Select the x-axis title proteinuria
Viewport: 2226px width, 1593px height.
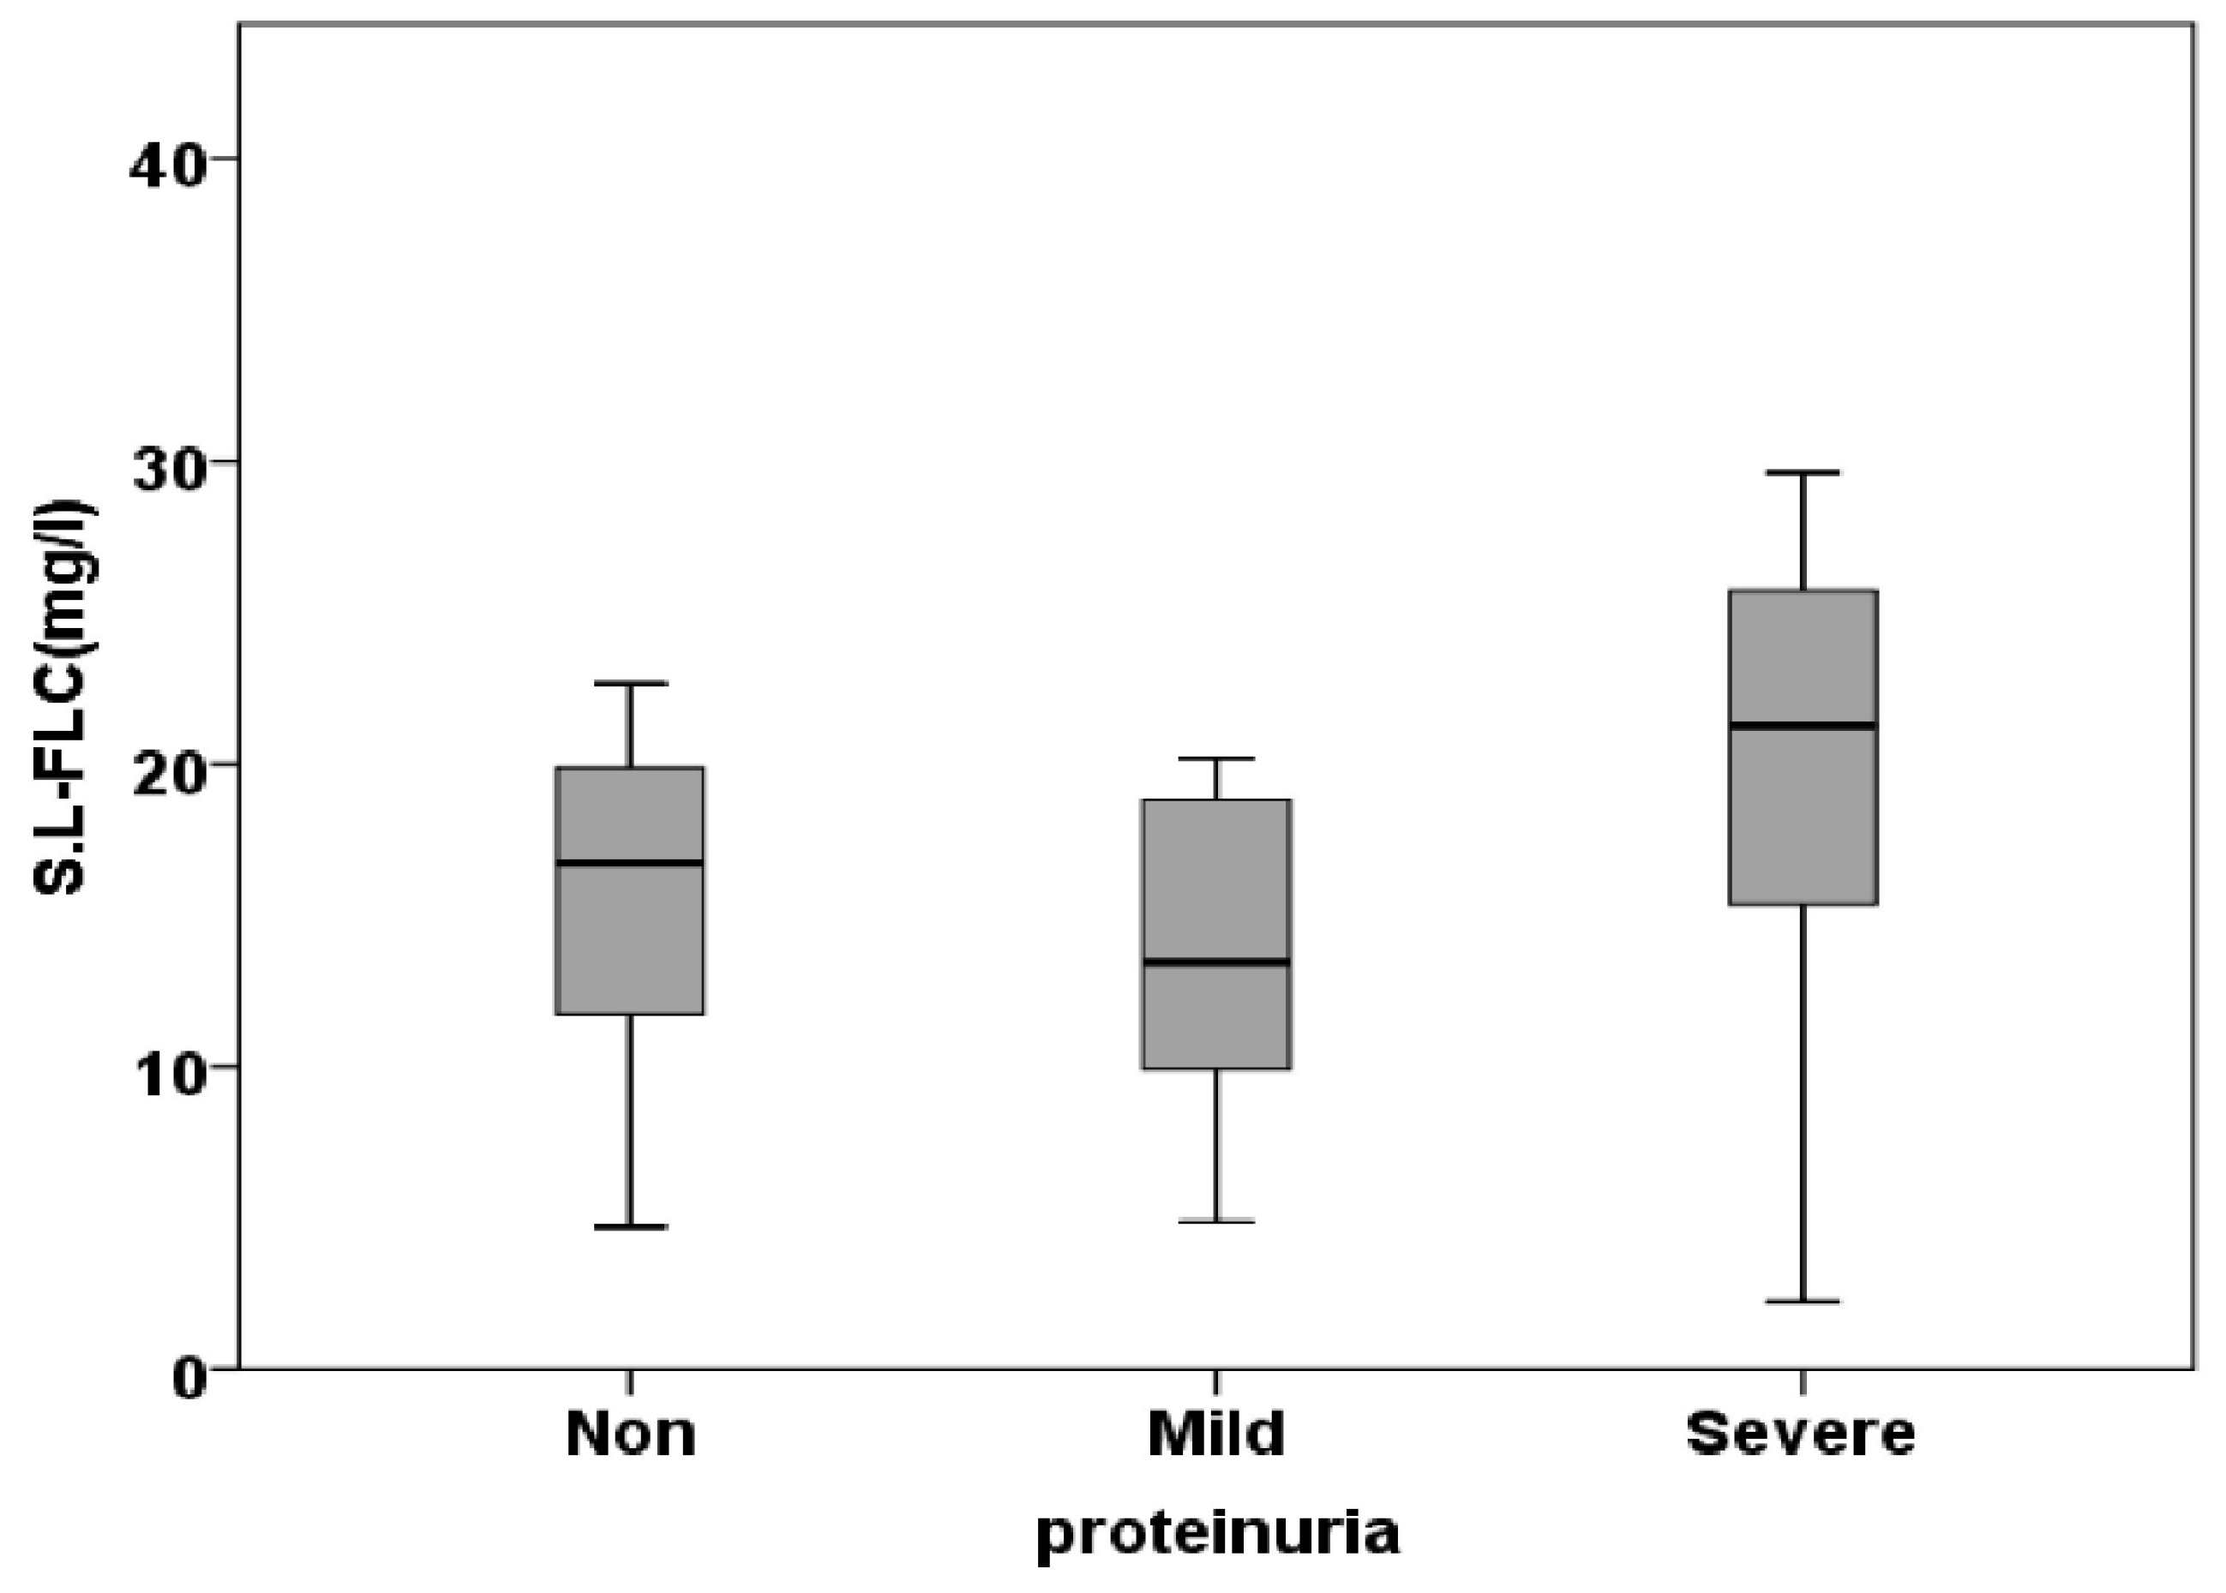coord(1216,1532)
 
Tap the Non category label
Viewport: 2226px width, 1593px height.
coord(631,1434)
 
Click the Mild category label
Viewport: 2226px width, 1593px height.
coord(1216,1434)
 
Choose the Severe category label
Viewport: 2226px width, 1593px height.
coord(1800,1434)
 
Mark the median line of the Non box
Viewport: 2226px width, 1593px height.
coord(630,863)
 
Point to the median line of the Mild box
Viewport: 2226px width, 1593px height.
coord(1216,961)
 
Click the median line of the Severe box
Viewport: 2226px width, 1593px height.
coord(1803,726)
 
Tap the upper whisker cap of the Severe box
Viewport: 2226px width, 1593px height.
coord(1803,473)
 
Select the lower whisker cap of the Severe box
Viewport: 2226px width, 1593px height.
coord(1803,1302)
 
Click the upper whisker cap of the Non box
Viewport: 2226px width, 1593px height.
coord(630,683)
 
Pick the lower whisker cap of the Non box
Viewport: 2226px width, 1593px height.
coord(630,1227)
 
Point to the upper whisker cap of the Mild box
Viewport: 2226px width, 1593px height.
coord(1216,759)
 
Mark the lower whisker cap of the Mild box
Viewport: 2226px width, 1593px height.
coord(1216,1221)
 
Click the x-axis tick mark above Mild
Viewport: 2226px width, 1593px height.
coord(1216,1381)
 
